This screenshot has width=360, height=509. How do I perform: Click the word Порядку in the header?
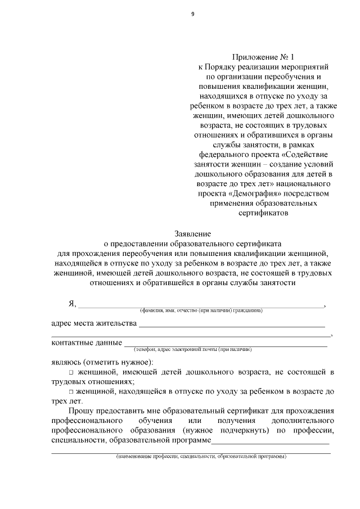tap(224, 67)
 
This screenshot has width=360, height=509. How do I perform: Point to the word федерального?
tap(222, 154)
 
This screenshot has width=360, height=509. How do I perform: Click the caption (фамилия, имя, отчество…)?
tap(201, 310)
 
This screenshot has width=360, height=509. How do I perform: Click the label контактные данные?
tap(87, 343)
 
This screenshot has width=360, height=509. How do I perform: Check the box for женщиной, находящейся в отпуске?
tap(71, 391)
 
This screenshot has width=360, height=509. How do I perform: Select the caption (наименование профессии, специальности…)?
tap(201, 456)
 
